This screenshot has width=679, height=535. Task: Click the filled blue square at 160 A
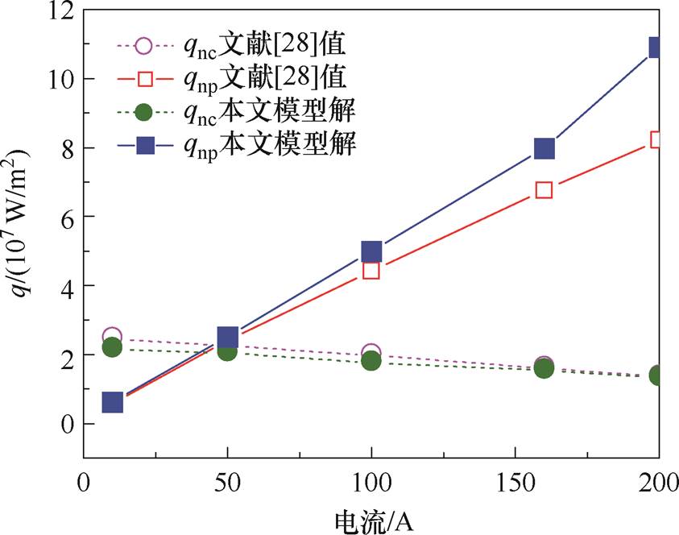pos(544,148)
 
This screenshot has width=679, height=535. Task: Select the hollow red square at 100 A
pos(371,270)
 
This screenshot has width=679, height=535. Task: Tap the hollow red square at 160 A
pos(544,190)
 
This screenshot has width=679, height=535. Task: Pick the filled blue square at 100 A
pos(371,251)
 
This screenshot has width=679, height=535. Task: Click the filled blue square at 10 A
pos(112,402)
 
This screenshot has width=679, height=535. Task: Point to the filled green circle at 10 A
pos(112,347)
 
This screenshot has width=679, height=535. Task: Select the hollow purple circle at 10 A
pos(112,336)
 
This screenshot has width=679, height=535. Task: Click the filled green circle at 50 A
pos(227,350)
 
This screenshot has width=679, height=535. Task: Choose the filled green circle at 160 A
pos(544,368)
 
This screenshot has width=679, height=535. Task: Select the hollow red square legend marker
pos(143,78)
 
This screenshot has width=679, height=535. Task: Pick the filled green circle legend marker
pos(143,111)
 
